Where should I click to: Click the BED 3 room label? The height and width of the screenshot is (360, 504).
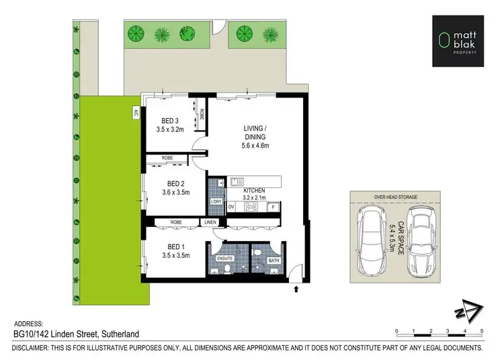pos(169,121)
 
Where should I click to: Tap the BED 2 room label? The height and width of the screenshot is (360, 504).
pos(175,183)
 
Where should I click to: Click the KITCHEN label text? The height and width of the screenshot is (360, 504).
pos(255,191)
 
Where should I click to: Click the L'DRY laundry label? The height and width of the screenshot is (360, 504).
pos(216,202)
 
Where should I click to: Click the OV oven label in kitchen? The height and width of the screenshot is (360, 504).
pos(231,207)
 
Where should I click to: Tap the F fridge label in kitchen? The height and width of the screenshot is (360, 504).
pos(273,208)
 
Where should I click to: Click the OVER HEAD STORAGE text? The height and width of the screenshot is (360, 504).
pos(396,197)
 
